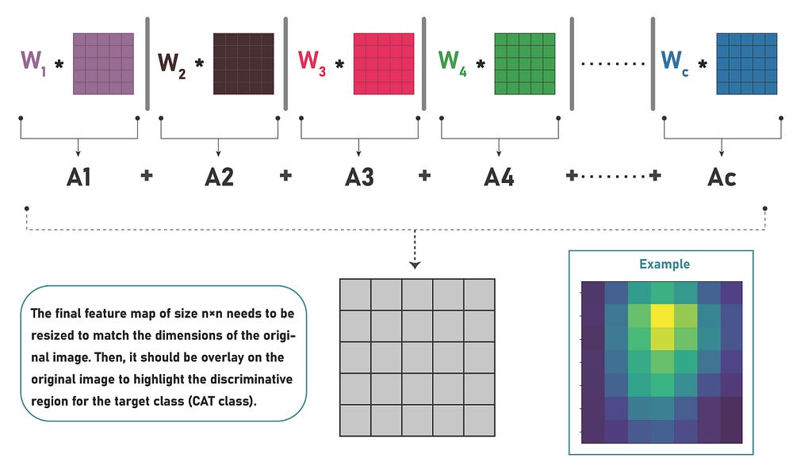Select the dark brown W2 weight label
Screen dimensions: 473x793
click(173, 63)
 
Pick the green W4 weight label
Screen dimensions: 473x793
click(452, 62)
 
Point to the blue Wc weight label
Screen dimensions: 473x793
click(675, 62)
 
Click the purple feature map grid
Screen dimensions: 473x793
click(104, 63)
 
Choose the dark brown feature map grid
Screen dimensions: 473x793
click(243, 63)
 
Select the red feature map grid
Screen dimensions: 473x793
click(384, 63)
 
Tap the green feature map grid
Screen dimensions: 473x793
click(524, 63)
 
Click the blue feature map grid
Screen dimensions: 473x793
click(746, 63)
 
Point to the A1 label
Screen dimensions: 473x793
click(79, 176)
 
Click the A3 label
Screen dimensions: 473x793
click(359, 176)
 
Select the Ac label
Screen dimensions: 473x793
click(722, 176)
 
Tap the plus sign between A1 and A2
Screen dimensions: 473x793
click(147, 176)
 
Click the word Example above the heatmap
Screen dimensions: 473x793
click(665, 265)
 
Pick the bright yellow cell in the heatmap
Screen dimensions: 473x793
click(662, 318)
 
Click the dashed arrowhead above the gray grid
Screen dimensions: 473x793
click(416, 265)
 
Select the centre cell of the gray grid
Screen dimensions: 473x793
click(416, 357)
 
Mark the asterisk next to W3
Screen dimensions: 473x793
click(340, 63)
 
